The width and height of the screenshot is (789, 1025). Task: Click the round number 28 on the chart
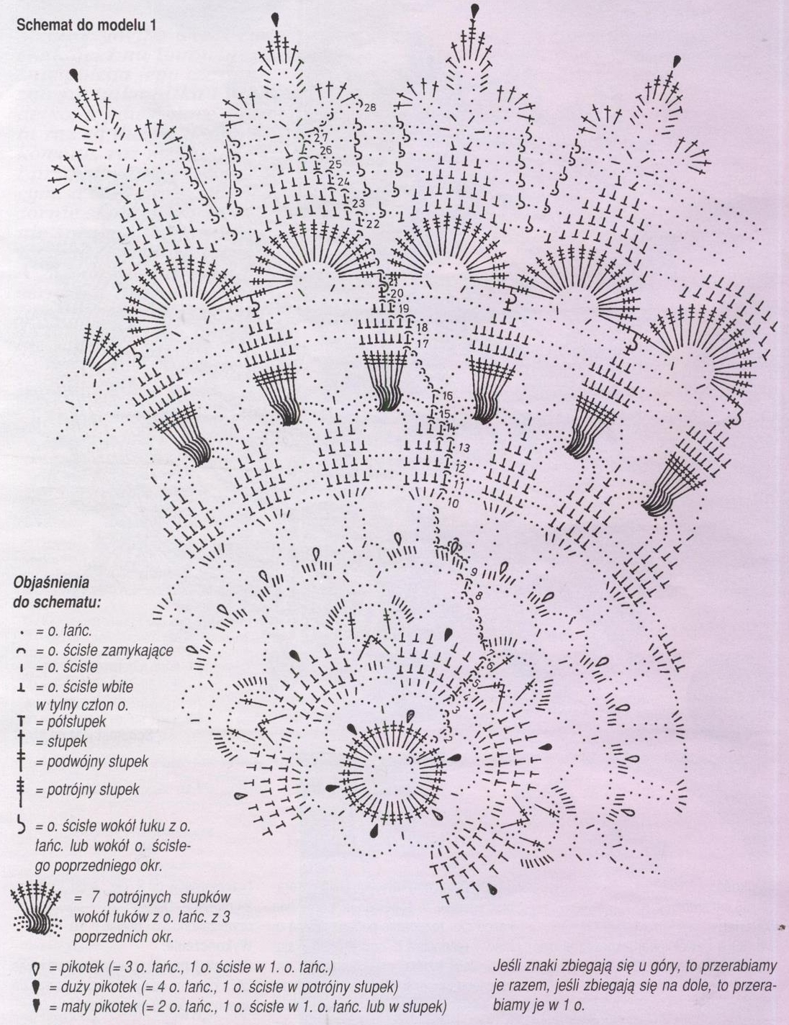point(370,107)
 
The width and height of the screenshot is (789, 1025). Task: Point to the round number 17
point(423,343)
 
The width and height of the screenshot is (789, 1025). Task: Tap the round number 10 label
point(452,503)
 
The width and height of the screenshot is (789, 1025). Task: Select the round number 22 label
point(373,224)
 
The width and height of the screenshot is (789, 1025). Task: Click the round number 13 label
point(463,448)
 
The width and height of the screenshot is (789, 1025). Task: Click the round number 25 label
point(335,165)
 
